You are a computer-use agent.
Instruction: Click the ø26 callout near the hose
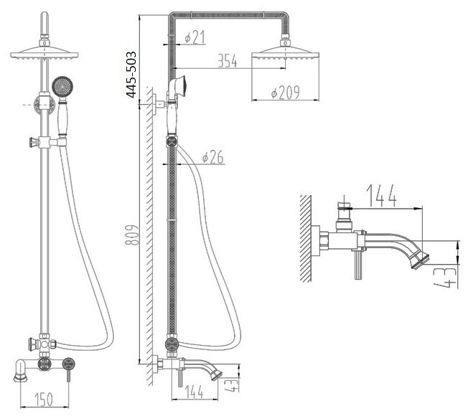pyautogui.click(x=214, y=156)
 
